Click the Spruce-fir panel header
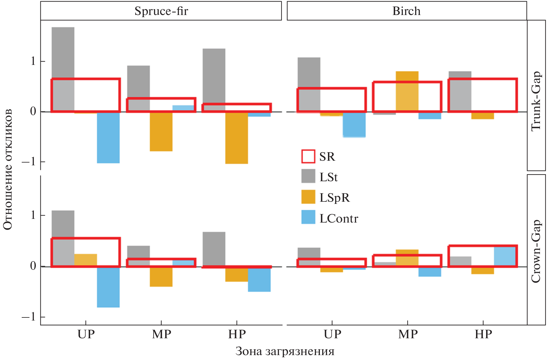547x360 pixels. pyautogui.click(x=161, y=11)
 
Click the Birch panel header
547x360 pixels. pyautogui.click(x=406, y=11)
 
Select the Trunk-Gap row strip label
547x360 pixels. pyautogui.click(x=536, y=101)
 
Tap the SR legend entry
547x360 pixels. pyautogui.click(x=318, y=156)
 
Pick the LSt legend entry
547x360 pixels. pyautogui.click(x=320, y=177)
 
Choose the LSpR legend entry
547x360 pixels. pyautogui.click(x=326, y=197)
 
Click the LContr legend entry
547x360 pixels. pyautogui.click(x=330, y=218)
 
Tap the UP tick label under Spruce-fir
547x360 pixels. pyautogui.click(x=86, y=334)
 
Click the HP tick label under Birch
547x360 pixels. pyautogui.click(x=483, y=334)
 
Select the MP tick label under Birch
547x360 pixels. pyautogui.click(x=407, y=334)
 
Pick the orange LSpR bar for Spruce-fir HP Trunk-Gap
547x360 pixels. pyautogui.click(x=236, y=138)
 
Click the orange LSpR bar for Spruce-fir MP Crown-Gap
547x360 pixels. pyautogui.click(x=161, y=277)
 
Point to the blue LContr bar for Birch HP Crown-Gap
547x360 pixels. pyautogui.click(x=505, y=257)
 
